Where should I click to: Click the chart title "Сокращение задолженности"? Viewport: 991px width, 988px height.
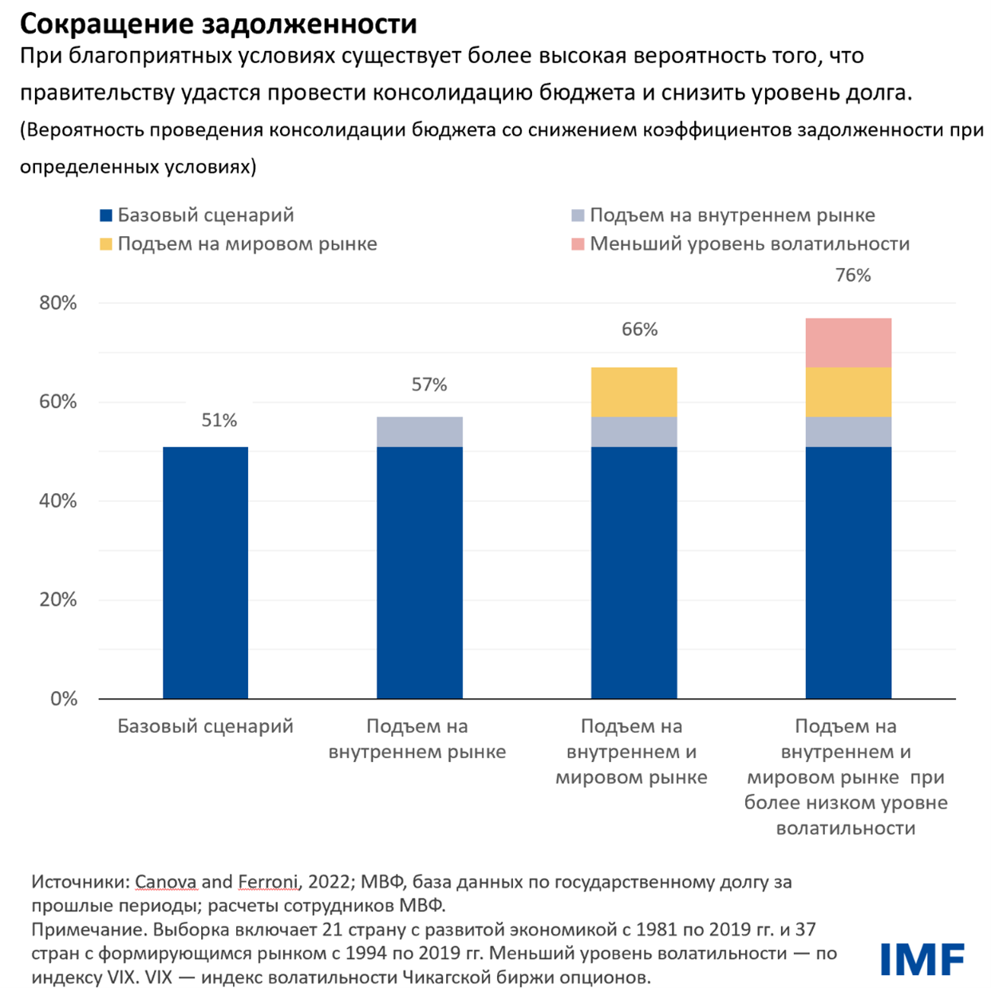pyautogui.click(x=218, y=24)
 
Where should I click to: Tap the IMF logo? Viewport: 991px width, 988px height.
pyautogui.click(x=922, y=958)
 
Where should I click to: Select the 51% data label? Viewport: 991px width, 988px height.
pyautogui.click(x=219, y=421)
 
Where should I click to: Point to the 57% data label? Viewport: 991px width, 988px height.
pyautogui.click(x=429, y=385)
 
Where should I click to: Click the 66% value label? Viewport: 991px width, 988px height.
pyautogui.click(x=639, y=330)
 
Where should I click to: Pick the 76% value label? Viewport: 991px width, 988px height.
pyautogui.click(x=853, y=275)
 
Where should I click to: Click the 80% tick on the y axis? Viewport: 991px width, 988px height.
pyautogui.click(x=58, y=303)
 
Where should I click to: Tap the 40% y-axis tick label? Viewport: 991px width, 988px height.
pyautogui.click(x=58, y=501)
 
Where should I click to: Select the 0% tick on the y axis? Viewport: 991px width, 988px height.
pyautogui.click(x=63, y=699)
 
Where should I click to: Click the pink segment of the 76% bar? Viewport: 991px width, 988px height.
pyautogui.click(x=848, y=342)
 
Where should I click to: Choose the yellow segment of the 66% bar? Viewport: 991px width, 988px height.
pyautogui.click(x=634, y=392)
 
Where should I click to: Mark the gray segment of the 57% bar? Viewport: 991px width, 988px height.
pyautogui.click(x=420, y=432)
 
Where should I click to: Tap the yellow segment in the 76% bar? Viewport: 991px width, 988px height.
pyautogui.click(x=848, y=392)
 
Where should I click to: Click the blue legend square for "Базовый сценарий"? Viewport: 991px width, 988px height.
pyautogui.click(x=106, y=215)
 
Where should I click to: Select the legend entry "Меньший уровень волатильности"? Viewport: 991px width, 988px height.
pyautogui.click(x=749, y=244)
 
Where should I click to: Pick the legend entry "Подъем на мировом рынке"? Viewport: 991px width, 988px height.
pyautogui.click(x=247, y=244)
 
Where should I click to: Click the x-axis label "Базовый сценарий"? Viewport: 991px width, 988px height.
pyautogui.click(x=205, y=726)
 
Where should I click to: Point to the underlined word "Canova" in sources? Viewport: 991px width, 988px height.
pyautogui.click(x=165, y=882)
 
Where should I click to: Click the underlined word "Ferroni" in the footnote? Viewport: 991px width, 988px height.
pyautogui.click(x=267, y=882)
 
